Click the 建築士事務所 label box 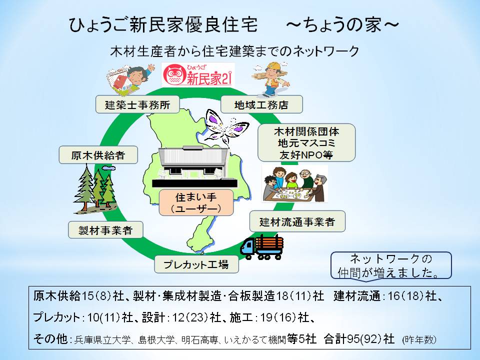coord(137,104)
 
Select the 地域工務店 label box coord(261,104)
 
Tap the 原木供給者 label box coord(98,155)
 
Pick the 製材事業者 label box coord(105,230)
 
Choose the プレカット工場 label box coord(196,264)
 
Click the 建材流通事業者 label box coord(297,221)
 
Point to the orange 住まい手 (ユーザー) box coord(196,202)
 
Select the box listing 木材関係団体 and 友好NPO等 coord(306,142)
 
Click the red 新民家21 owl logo coord(198,74)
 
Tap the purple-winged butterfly coord(226,126)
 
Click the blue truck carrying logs coord(261,247)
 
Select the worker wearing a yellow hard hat coord(270,79)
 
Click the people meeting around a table coord(295,184)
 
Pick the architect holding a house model coord(130,78)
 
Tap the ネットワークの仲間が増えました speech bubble coord(391,265)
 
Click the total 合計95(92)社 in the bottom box coord(359,339)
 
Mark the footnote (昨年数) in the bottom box coord(419,339)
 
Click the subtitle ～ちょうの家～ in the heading coord(342,25)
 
